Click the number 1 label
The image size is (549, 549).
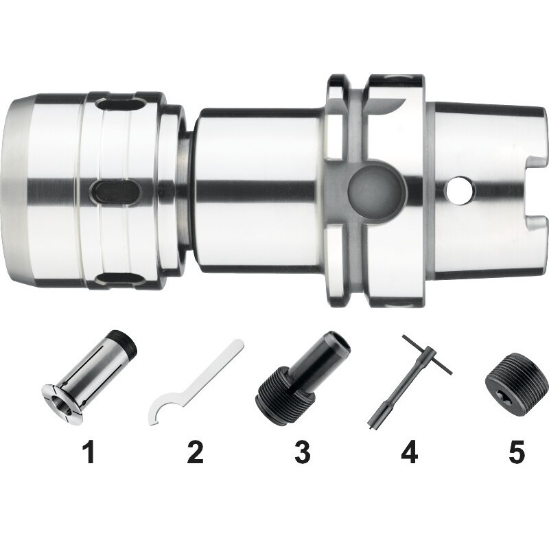(89, 452)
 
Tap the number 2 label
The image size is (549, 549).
(196, 452)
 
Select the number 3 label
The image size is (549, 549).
(302, 452)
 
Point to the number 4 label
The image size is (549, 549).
(410, 452)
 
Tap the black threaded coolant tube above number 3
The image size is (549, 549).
(303, 373)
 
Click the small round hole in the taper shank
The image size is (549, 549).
(459, 191)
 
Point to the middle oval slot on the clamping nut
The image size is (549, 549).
(115, 192)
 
